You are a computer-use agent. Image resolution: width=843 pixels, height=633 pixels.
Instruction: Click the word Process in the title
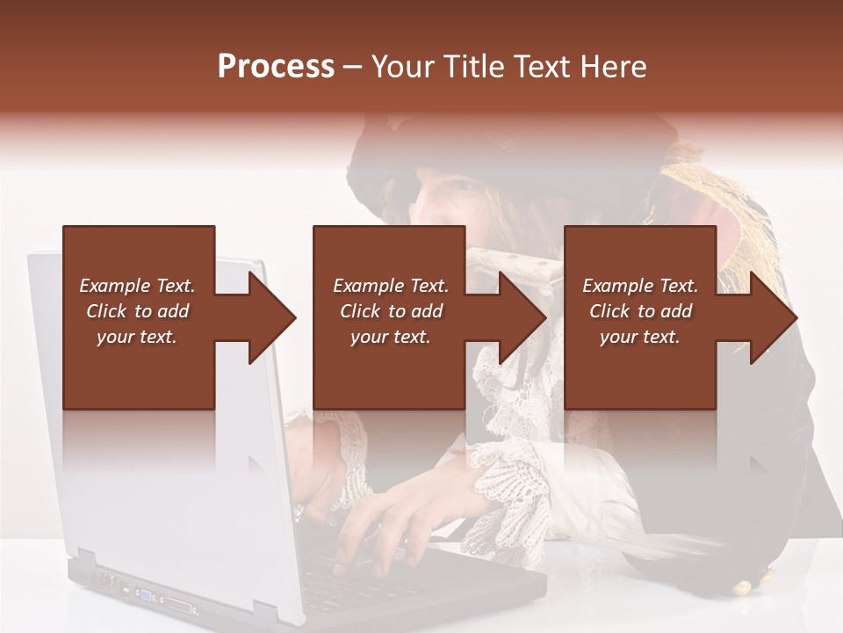click(x=276, y=67)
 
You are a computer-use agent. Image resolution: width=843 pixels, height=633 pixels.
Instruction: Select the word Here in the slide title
click(x=613, y=67)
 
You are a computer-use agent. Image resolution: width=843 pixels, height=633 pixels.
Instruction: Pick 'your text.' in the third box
click(x=640, y=337)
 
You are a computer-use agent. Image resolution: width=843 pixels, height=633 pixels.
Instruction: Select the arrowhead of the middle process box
click(x=522, y=317)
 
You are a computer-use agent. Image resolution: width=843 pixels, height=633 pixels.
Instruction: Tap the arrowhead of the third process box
click(x=773, y=317)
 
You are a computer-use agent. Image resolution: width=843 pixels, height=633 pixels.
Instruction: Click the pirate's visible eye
click(x=462, y=186)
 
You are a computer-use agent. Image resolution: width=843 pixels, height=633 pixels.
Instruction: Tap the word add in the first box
click(x=173, y=311)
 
